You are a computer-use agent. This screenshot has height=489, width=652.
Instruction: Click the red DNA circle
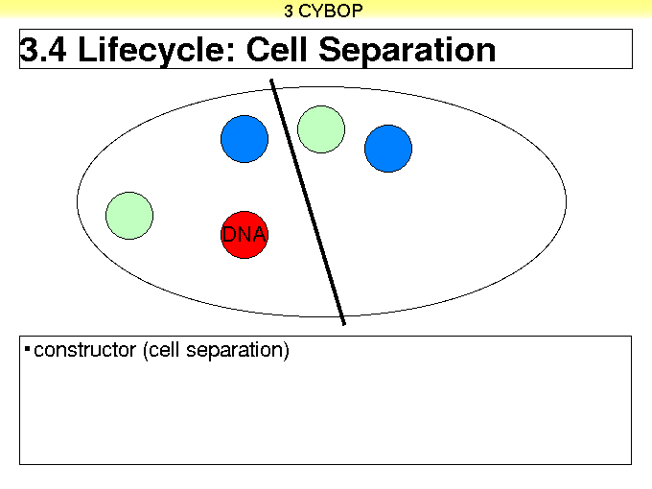click(x=244, y=235)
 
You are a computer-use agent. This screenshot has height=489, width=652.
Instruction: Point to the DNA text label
click(x=244, y=235)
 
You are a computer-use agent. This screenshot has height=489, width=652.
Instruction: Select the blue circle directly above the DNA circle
click(x=244, y=139)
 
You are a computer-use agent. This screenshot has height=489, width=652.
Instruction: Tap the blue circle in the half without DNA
click(x=388, y=149)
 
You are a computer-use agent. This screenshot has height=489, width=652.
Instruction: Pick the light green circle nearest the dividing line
click(x=321, y=129)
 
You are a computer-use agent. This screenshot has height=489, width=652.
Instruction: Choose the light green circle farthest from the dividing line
click(x=129, y=216)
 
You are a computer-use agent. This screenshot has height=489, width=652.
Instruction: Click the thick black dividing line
click(x=308, y=202)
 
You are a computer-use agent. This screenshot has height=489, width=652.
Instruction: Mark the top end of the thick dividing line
click(x=271, y=80)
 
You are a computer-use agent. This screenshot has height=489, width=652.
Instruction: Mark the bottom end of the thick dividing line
click(x=344, y=324)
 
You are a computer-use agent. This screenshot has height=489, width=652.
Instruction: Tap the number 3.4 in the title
click(x=43, y=50)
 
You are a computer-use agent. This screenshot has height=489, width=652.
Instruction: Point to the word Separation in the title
click(x=407, y=50)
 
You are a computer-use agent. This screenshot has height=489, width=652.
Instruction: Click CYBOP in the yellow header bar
click(x=331, y=11)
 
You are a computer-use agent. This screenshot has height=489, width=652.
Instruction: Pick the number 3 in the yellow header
click(x=289, y=12)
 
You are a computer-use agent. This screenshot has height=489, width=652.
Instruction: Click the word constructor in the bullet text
click(x=84, y=350)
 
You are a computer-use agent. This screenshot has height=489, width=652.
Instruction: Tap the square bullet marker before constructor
click(x=28, y=349)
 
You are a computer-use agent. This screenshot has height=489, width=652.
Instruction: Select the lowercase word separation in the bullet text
click(x=235, y=351)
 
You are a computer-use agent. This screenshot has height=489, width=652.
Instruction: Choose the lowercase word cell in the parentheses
click(x=165, y=350)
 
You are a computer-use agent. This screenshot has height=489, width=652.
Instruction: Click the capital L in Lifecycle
click(x=87, y=49)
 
